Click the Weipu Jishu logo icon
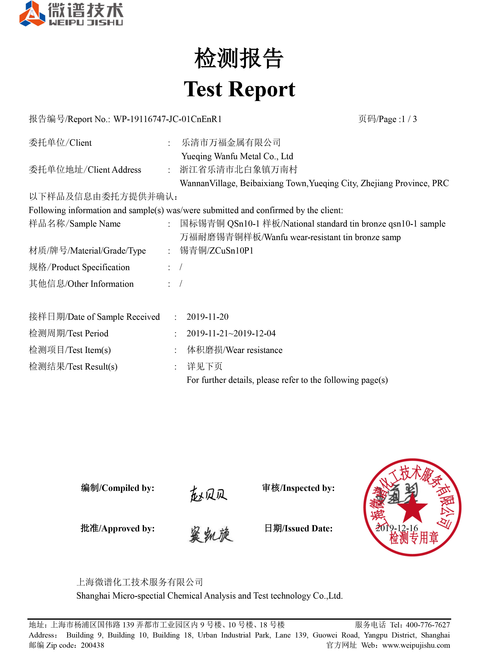[32, 14]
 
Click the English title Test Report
[239, 89]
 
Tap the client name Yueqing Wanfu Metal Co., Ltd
[237, 156]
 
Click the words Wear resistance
[254, 350]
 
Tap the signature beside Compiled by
[208, 494]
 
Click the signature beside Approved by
[211, 534]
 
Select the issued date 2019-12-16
[397, 528]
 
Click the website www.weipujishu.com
[416, 645]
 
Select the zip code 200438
[92, 645]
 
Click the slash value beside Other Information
[181, 284]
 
